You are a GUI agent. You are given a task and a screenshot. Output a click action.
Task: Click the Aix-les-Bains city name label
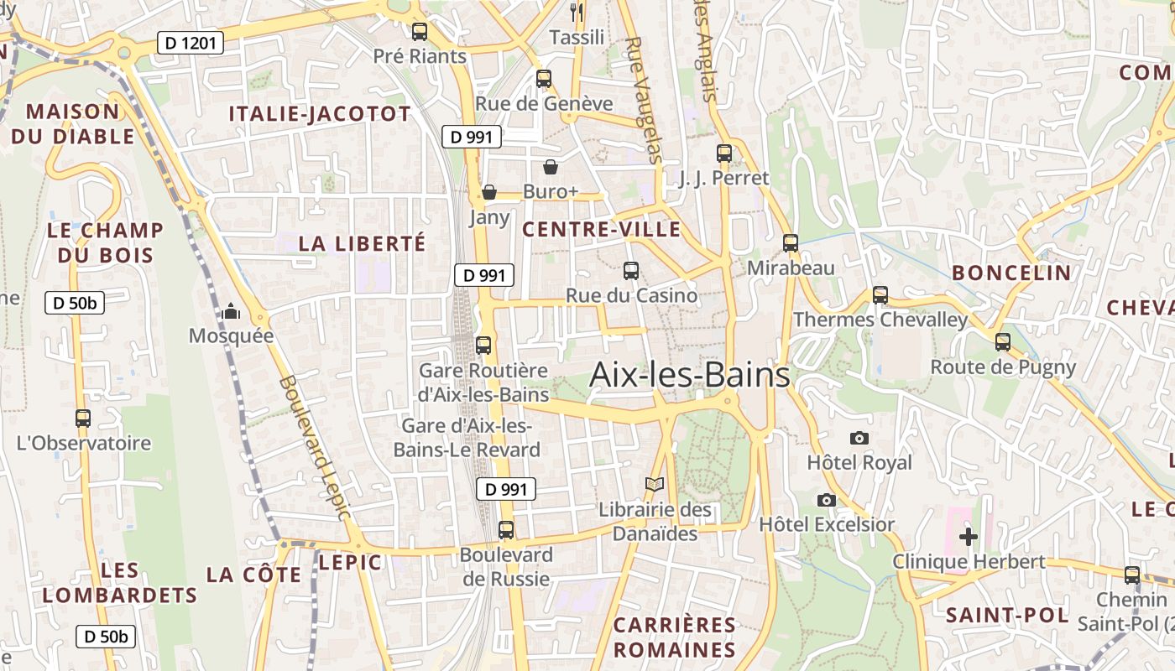pyautogui.click(x=690, y=375)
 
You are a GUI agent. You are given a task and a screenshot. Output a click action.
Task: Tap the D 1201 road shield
pyautogui.click(x=191, y=43)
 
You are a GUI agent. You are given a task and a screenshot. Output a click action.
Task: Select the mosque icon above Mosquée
pyautogui.click(x=231, y=313)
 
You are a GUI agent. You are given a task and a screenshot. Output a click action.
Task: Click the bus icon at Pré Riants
pyautogui.click(x=419, y=32)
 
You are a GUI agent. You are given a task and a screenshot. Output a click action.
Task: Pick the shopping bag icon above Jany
pyautogui.click(x=488, y=193)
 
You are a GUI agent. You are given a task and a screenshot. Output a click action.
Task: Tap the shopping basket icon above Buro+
pyautogui.click(x=551, y=166)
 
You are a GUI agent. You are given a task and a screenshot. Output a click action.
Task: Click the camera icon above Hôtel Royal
pyautogui.click(x=859, y=438)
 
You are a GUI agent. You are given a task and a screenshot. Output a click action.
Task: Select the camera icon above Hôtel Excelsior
pyautogui.click(x=827, y=500)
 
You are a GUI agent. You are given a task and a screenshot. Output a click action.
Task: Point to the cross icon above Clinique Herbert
pyautogui.click(x=969, y=537)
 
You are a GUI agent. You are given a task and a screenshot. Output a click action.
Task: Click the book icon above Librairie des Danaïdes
pyautogui.click(x=654, y=485)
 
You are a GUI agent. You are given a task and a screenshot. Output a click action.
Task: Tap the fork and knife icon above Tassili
pyautogui.click(x=576, y=12)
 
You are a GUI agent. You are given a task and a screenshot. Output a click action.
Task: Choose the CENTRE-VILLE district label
pyautogui.click(x=601, y=230)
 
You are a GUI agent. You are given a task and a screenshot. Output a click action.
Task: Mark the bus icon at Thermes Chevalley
pyautogui.click(x=880, y=295)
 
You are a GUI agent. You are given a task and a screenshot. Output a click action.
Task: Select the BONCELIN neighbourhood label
pyautogui.click(x=1011, y=273)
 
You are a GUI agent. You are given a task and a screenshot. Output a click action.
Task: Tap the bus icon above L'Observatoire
pyautogui.click(x=82, y=418)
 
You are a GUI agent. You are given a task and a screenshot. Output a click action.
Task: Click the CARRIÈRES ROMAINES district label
pyautogui.click(x=674, y=637)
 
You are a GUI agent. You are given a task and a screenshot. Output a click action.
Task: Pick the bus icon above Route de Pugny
pyautogui.click(x=1002, y=342)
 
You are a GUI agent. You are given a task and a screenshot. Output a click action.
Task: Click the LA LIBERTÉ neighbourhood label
pyautogui.click(x=363, y=244)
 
